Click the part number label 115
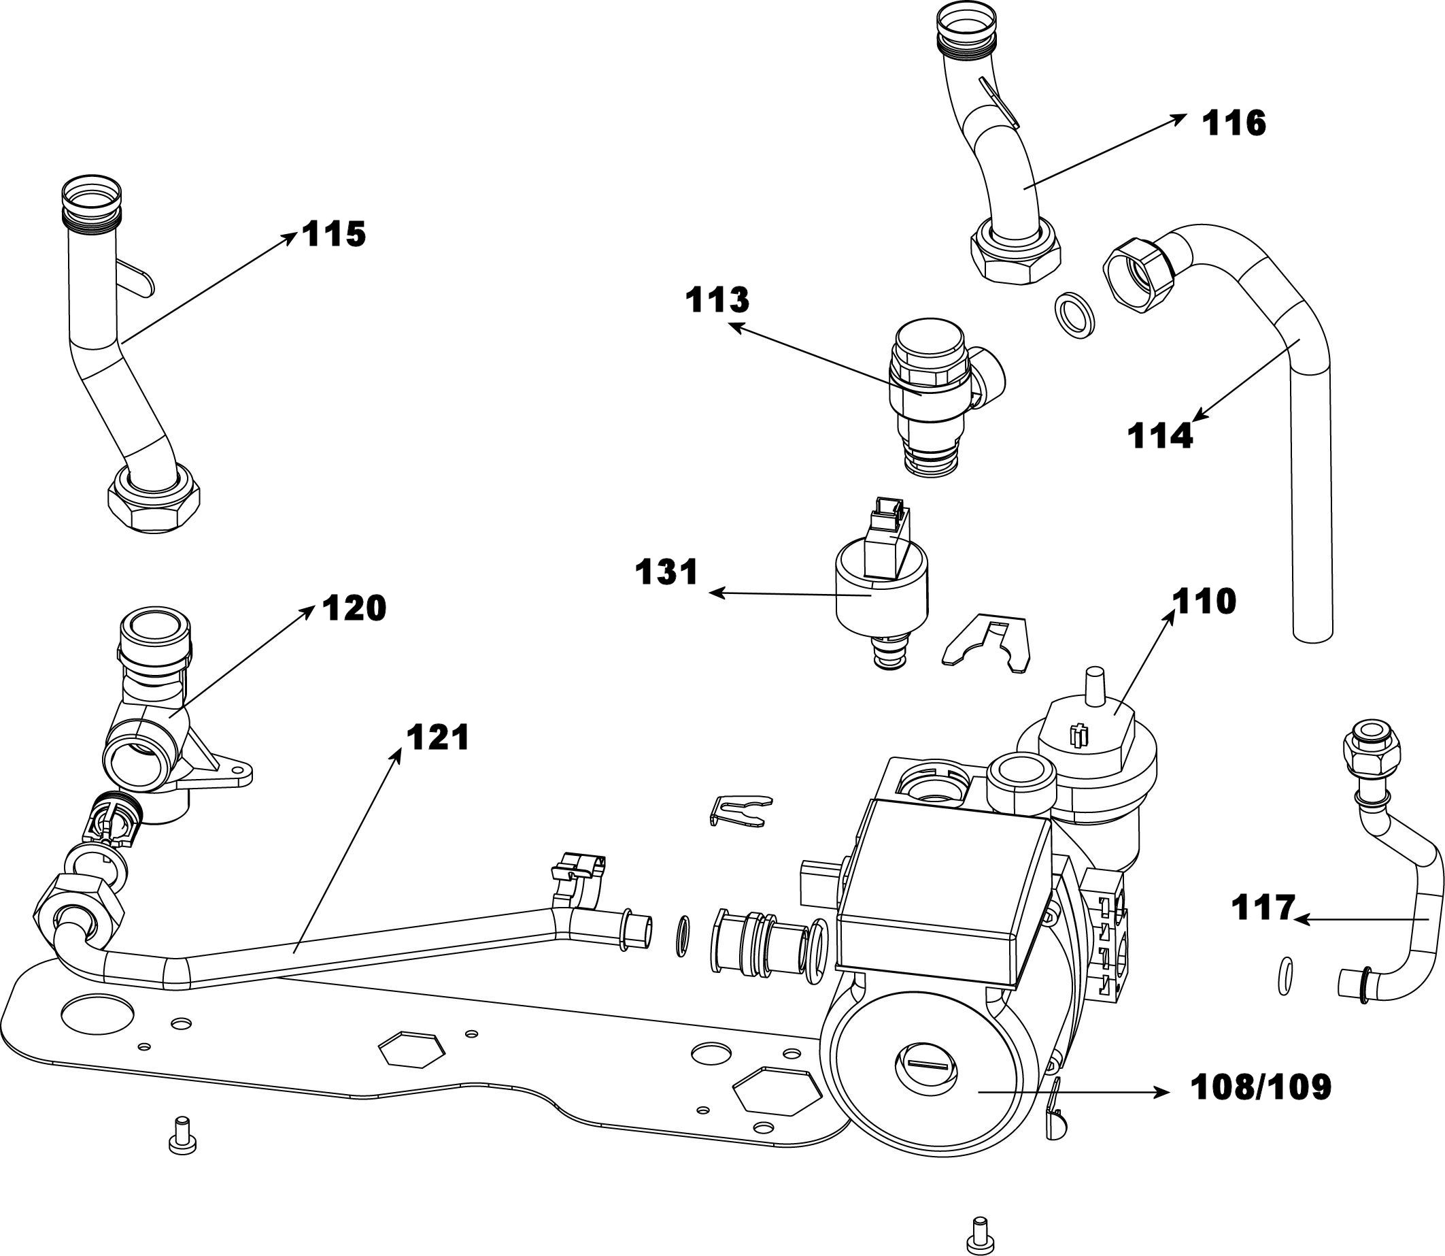point(334,234)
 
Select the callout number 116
point(1234,124)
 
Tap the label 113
point(717,300)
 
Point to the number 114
point(1159,436)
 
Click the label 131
point(667,572)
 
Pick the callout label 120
point(354,608)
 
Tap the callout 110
point(1206,601)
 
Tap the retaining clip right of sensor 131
point(987,638)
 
